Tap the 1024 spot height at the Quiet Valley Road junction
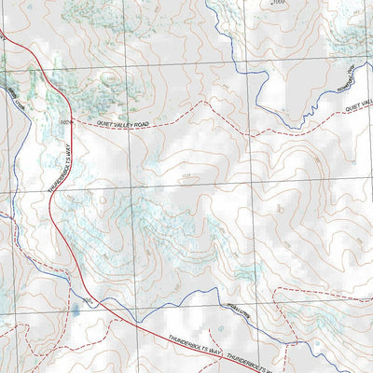(x=64, y=121)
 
